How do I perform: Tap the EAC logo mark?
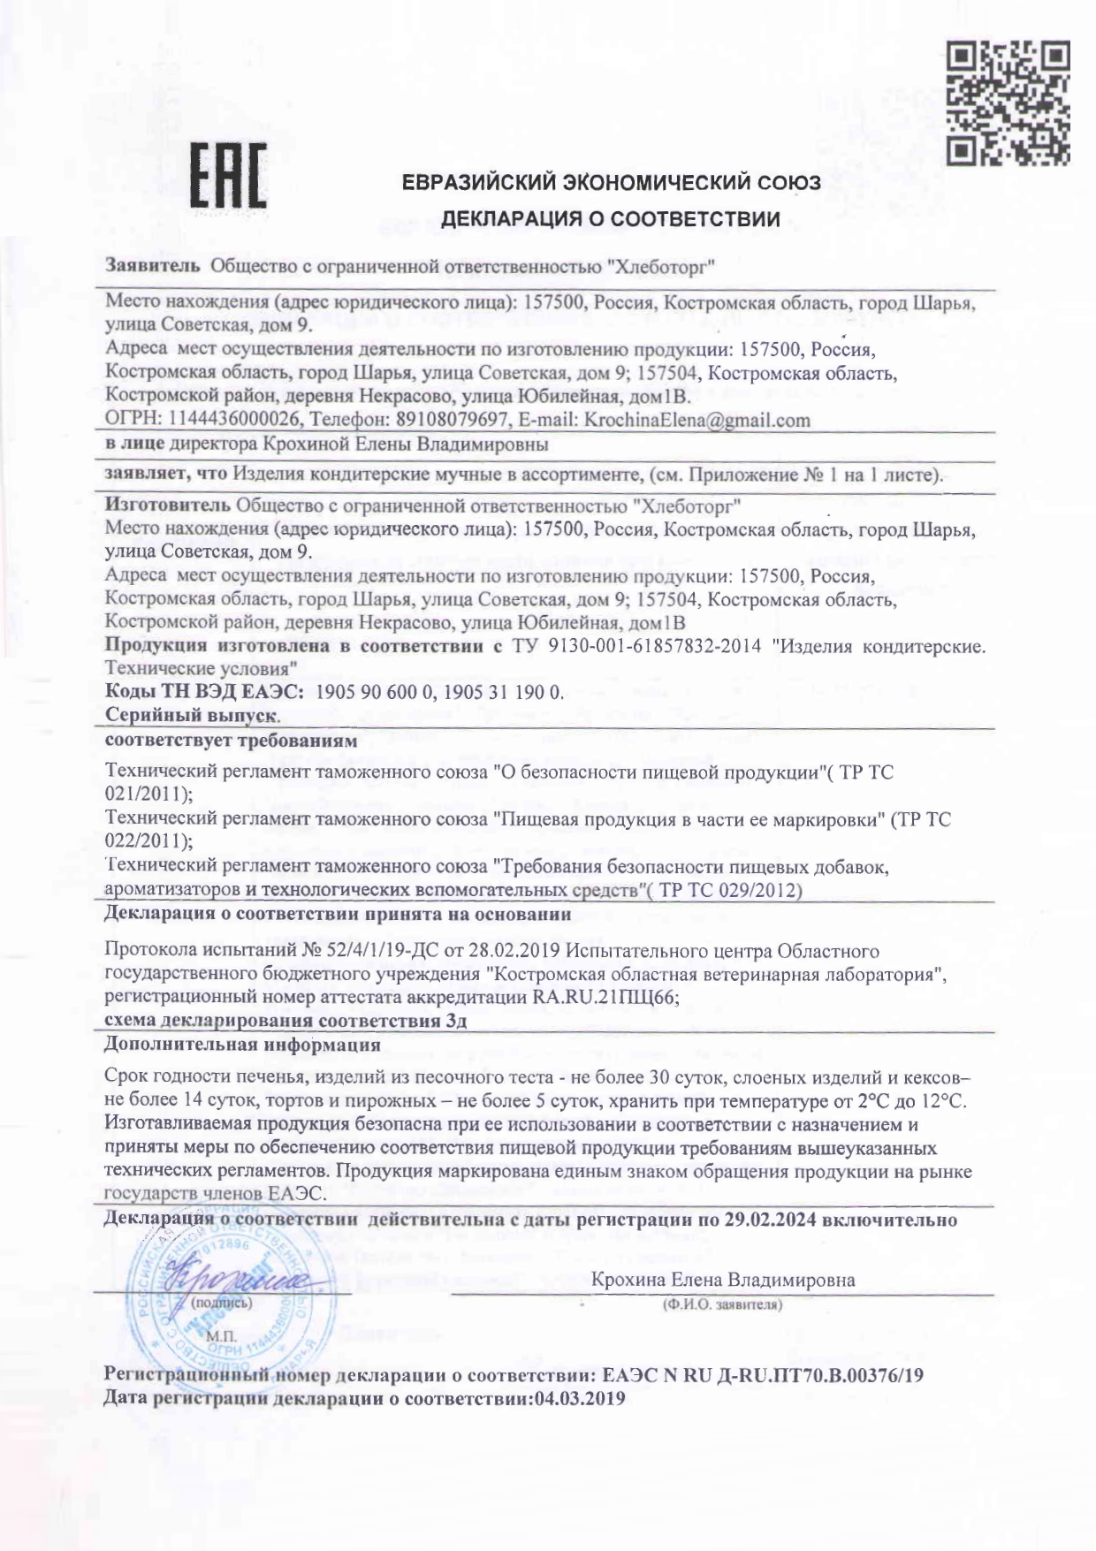click(x=229, y=178)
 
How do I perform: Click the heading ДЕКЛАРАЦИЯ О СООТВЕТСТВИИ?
click(x=610, y=219)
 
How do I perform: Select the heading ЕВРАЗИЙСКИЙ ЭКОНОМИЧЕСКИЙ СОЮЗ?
click(x=612, y=183)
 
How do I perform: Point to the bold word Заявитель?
click(x=154, y=265)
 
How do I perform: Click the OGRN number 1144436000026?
click(x=227, y=420)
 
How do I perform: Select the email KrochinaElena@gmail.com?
click(x=696, y=420)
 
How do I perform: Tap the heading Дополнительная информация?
click(x=242, y=1045)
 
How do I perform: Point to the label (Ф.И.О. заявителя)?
click(x=721, y=1304)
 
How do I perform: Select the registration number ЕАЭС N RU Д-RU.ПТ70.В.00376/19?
click(x=763, y=1376)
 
